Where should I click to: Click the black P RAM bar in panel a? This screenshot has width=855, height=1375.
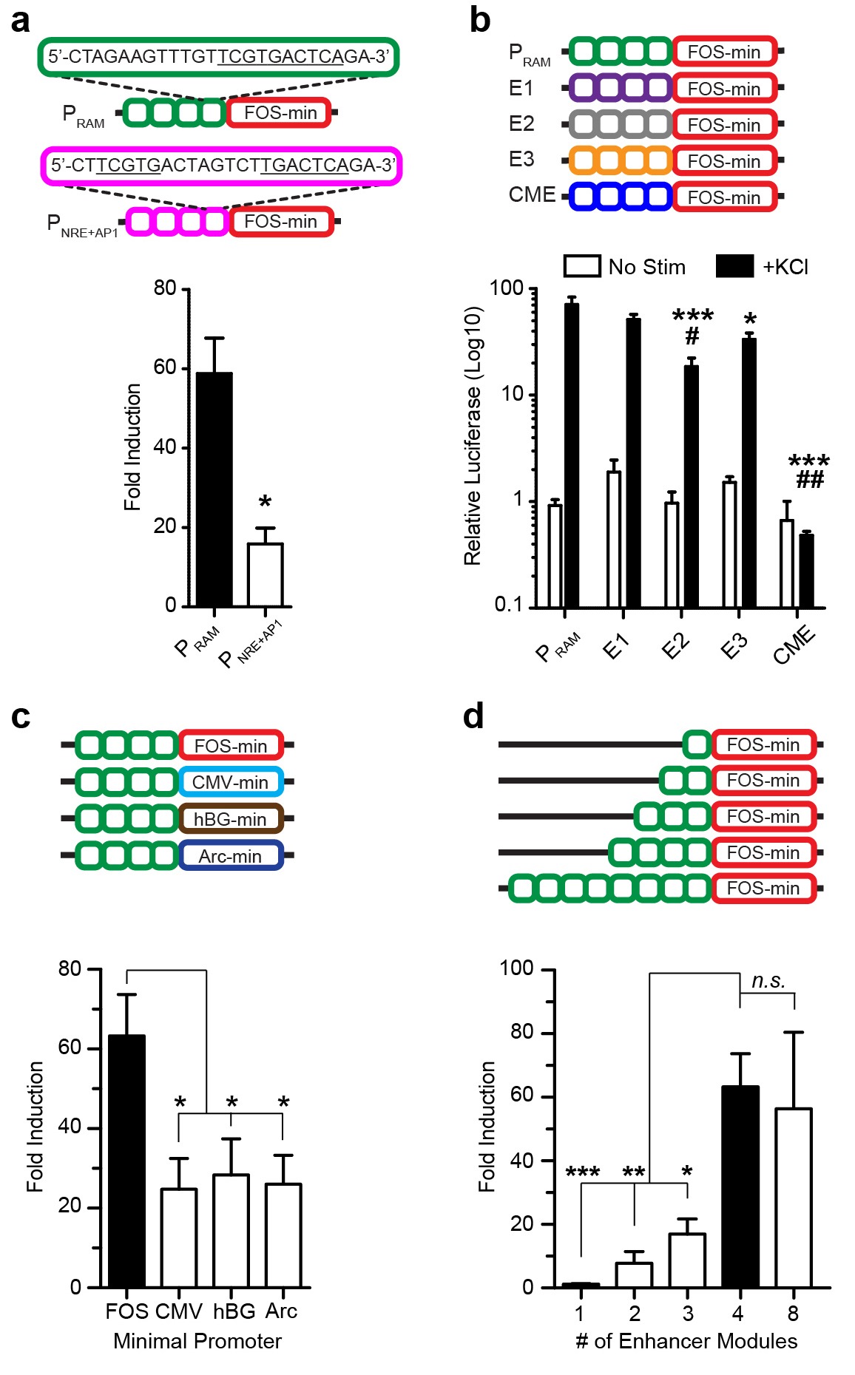click(214, 489)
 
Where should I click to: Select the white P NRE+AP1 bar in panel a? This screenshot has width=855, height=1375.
click(265, 575)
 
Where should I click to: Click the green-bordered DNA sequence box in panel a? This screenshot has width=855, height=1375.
click(218, 57)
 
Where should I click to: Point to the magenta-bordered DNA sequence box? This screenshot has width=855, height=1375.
click(221, 166)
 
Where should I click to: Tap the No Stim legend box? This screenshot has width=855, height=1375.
click(582, 266)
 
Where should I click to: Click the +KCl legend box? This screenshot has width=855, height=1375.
click(734, 266)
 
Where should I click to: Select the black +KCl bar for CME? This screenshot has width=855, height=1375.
click(806, 570)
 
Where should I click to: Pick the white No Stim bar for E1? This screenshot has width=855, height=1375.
click(614, 539)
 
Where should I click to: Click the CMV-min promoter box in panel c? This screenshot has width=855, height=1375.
click(230, 782)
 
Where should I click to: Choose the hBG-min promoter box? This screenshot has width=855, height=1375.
click(230, 819)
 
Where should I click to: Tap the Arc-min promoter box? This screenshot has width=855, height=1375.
click(230, 856)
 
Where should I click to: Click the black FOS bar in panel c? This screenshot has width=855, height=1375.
click(126, 1161)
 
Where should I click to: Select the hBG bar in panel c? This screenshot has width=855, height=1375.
click(231, 1231)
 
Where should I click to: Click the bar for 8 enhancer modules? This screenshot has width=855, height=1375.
click(794, 1198)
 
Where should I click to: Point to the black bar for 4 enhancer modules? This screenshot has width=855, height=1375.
click(740, 1186)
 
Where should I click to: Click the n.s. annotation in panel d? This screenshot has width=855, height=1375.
click(768, 981)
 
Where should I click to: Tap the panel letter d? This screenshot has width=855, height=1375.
click(473, 716)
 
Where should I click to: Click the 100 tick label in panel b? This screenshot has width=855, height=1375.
click(507, 288)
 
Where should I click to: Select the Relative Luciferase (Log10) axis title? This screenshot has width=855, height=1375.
click(473, 436)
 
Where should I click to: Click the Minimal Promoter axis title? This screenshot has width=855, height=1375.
click(197, 1341)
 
